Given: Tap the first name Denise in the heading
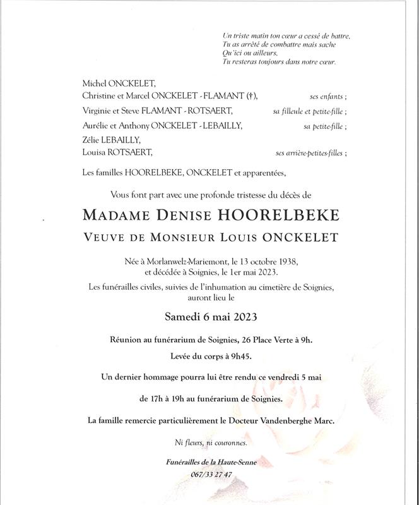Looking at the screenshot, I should point(188,216).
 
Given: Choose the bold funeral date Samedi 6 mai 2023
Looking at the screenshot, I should point(209,316).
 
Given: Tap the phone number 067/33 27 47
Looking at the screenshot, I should point(211,475).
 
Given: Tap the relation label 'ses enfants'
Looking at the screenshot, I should point(327,96).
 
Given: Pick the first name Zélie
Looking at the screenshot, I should point(93,140).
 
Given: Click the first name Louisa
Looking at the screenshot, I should point(95,152).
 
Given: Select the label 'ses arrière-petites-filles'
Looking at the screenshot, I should point(310,153).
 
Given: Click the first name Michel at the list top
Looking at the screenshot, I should point(95,83).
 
